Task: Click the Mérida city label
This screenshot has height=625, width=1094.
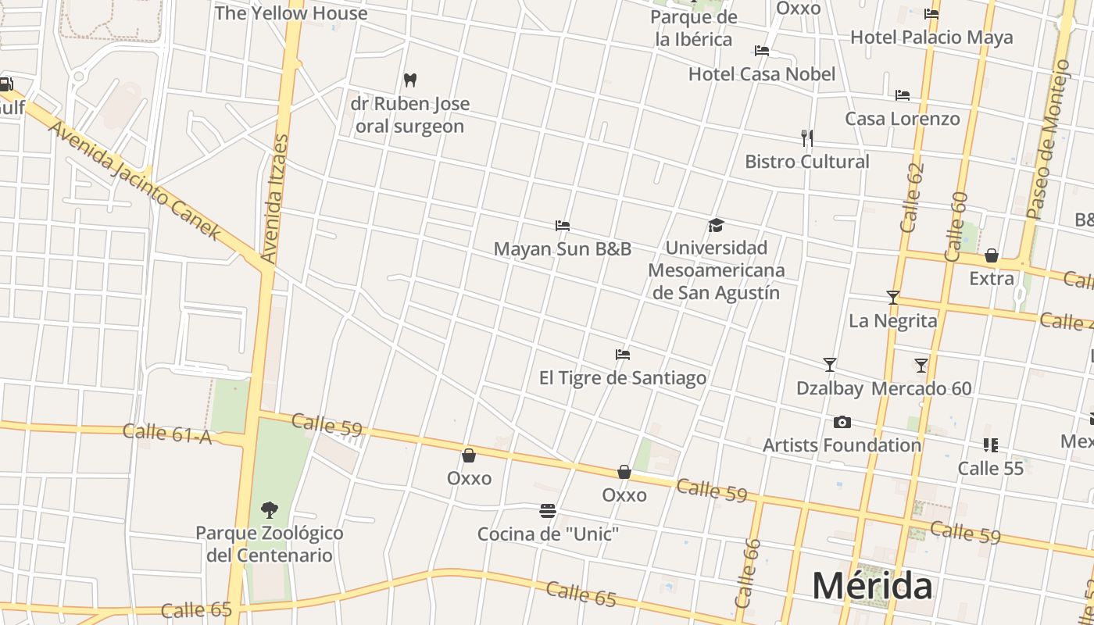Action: [x=871, y=585]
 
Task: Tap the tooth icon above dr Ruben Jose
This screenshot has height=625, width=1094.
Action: [x=409, y=80]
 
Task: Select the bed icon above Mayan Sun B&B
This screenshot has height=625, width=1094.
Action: [x=562, y=226]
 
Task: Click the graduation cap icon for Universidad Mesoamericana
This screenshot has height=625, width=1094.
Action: [x=716, y=226]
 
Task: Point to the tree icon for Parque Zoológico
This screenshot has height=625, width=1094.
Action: [x=269, y=510]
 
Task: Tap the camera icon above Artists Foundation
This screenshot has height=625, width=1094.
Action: [x=842, y=423]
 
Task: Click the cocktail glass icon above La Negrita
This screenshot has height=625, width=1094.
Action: [x=892, y=298]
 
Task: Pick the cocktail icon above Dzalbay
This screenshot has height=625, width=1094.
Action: [x=829, y=365]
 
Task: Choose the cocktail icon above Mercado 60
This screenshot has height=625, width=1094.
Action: [x=921, y=365]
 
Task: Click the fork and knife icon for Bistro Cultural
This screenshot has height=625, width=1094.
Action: [x=806, y=138]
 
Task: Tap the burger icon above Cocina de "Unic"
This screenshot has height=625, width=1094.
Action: [x=548, y=511]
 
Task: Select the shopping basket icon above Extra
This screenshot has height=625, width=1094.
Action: [x=991, y=255]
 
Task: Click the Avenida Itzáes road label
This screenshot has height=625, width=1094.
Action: [x=274, y=199]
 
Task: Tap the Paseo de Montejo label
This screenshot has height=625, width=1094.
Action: [x=1047, y=141]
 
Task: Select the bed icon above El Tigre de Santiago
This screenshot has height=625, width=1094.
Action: [x=622, y=355]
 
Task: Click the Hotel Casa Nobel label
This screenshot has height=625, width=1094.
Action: [x=761, y=74]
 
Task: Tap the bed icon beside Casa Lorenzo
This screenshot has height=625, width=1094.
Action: [x=902, y=95]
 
